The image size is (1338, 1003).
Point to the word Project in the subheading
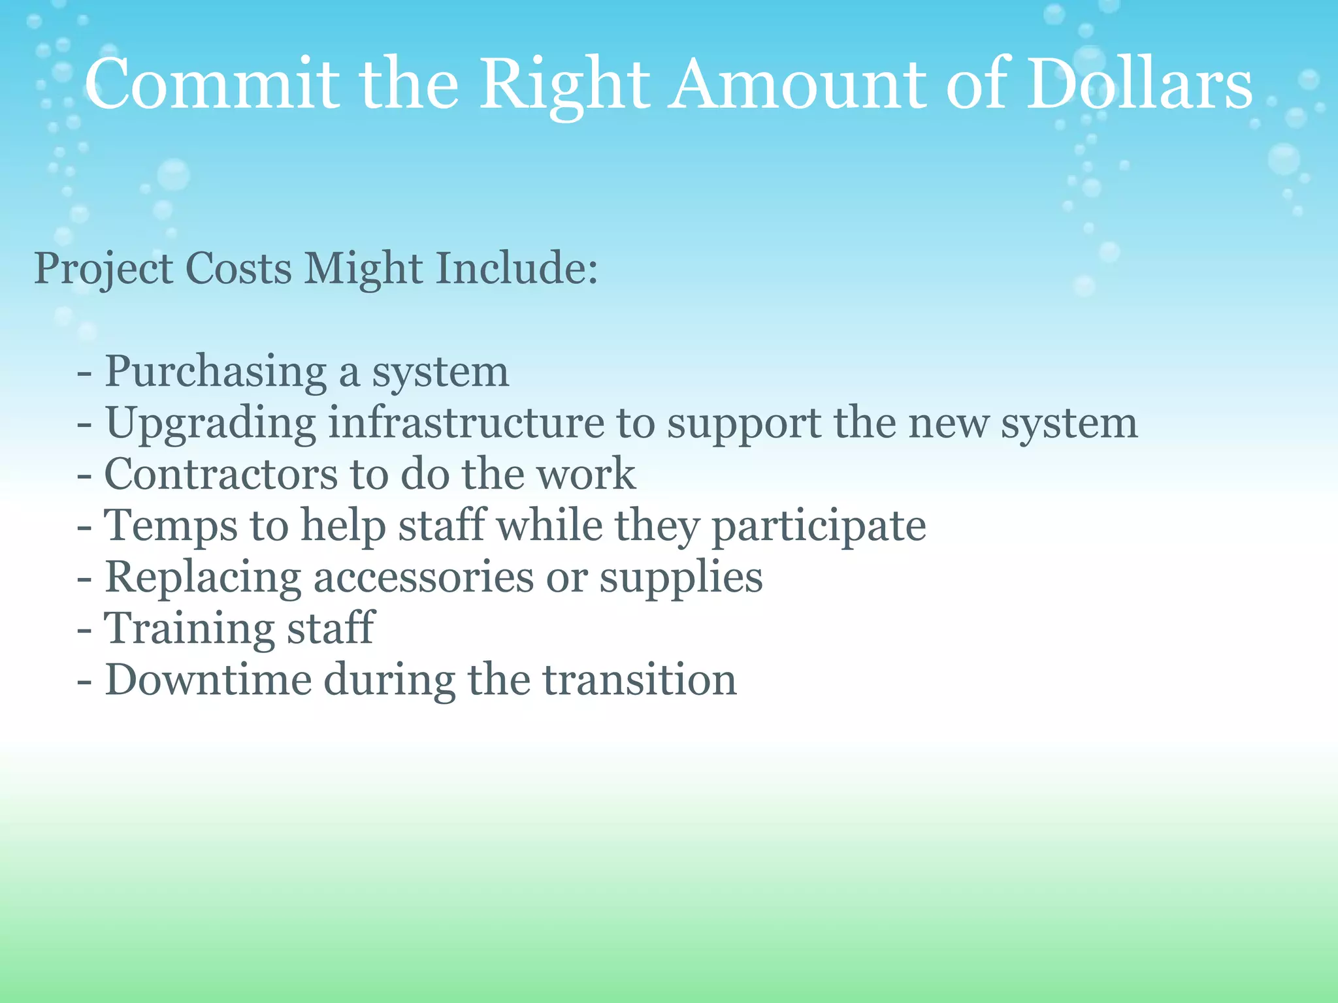[x=103, y=269]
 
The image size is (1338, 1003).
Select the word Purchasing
[x=216, y=372]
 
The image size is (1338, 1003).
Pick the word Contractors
[x=220, y=474]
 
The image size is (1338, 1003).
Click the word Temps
[x=171, y=526]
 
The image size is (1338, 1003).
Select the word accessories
[x=423, y=577]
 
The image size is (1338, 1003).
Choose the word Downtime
[x=208, y=680]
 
